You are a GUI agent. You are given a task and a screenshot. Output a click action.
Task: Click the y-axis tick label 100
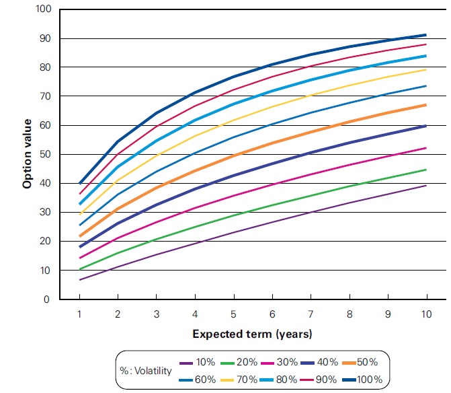[x=44, y=9]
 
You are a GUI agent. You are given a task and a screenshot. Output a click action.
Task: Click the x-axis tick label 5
[x=233, y=313]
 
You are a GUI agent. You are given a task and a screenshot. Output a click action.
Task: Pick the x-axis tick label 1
[x=80, y=313]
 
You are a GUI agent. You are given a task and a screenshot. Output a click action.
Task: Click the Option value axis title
[x=28, y=155]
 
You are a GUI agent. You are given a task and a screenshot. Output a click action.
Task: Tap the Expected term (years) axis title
[x=252, y=333]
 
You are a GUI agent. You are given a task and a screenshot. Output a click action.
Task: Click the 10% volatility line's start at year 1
[x=80, y=280]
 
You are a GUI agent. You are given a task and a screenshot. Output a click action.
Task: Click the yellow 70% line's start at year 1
[x=80, y=214]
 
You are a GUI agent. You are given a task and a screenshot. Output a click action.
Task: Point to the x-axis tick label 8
[x=350, y=313]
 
